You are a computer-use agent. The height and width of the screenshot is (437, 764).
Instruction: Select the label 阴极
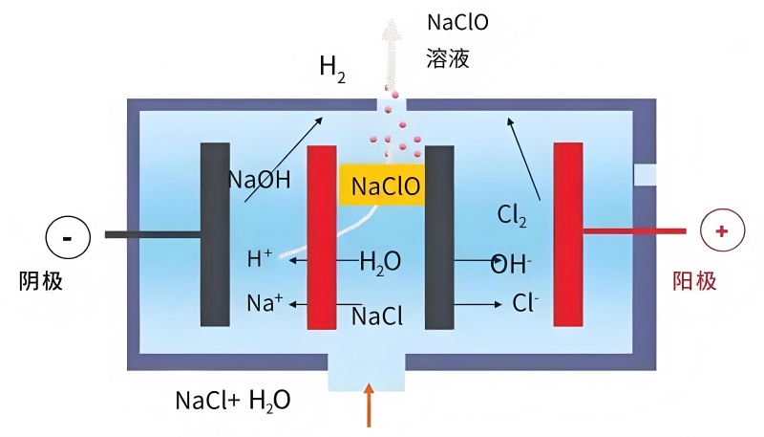[x=41, y=281]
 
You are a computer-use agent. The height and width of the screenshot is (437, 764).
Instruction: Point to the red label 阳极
[x=693, y=281]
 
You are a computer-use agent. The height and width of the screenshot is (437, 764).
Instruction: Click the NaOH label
[x=259, y=180]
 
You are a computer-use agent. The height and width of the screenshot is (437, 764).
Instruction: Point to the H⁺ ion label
[x=260, y=258]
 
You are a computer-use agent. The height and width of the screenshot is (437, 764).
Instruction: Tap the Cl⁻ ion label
[x=526, y=304]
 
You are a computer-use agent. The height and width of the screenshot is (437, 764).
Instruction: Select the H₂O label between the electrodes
[x=380, y=261]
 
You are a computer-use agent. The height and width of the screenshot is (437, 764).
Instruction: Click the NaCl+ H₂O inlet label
[x=233, y=400]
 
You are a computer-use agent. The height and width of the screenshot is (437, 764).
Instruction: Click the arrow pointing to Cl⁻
[x=477, y=305]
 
